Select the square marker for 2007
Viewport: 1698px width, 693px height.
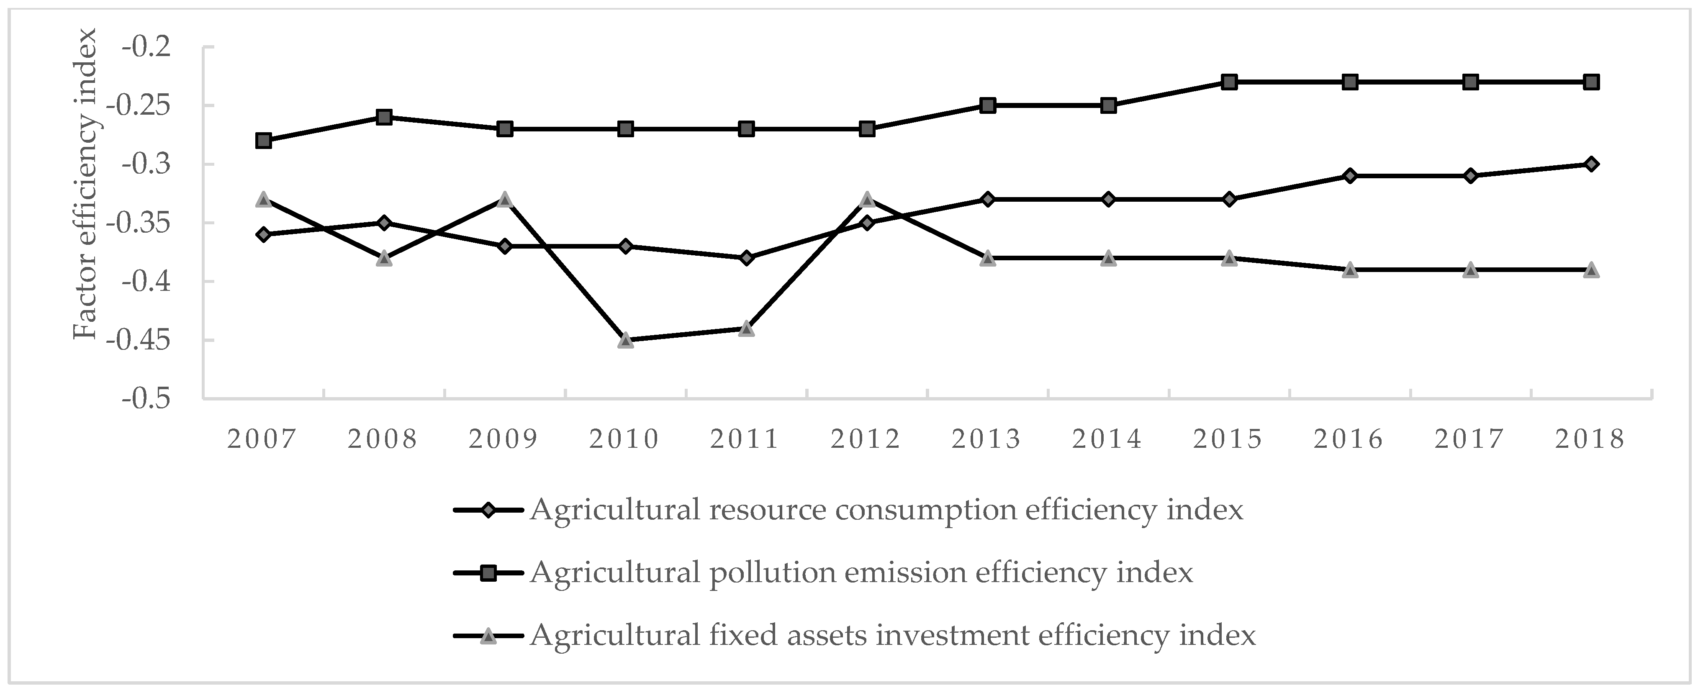(x=264, y=141)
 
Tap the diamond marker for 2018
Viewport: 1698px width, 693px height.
(x=1590, y=164)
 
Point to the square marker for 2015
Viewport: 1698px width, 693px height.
(x=1229, y=82)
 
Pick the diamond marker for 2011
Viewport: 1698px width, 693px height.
(x=746, y=258)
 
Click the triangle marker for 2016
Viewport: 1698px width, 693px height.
(x=1349, y=269)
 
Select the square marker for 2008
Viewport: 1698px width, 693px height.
(x=384, y=117)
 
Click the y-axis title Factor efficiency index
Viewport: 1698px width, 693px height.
(x=86, y=185)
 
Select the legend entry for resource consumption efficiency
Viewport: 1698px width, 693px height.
(x=885, y=510)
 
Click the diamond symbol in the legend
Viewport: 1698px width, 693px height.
(x=488, y=510)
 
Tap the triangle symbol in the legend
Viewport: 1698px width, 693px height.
(x=488, y=635)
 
